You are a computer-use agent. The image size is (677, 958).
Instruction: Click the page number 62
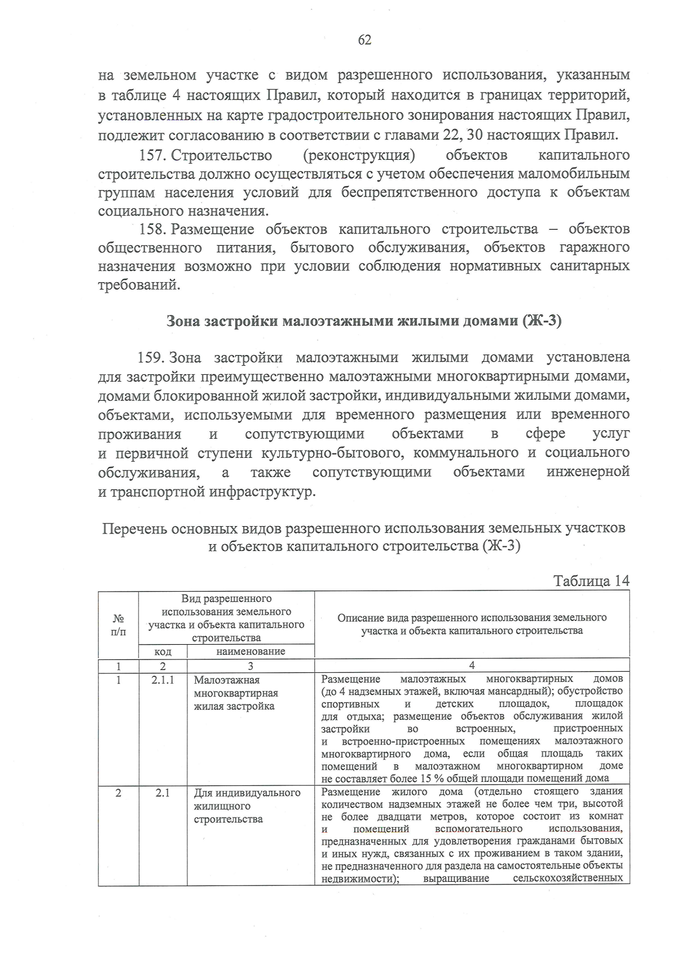[x=364, y=40]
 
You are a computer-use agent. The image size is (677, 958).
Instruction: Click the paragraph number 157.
[x=152, y=155]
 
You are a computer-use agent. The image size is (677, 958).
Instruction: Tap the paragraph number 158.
[x=152, y=229]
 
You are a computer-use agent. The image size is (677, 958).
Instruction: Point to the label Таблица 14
[x=591, y=581]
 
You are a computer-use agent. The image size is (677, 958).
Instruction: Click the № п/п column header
[x=118, y=625]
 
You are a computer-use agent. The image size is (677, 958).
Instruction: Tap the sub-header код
[x=162, y=651]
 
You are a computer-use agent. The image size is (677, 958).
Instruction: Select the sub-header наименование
[x=250, y=651]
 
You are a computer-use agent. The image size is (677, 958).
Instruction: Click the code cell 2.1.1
[x=162, y=680]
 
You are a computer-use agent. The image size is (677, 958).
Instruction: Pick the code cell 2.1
[x=162, y=793]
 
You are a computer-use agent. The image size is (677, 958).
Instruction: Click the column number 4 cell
[x=472, y=666]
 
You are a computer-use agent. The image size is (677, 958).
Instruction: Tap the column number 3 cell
[x=250, y=666]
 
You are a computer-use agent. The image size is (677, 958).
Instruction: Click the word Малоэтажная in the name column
[x=227, y=680]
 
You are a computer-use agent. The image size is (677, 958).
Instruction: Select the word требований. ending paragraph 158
[x=139, y=285]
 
